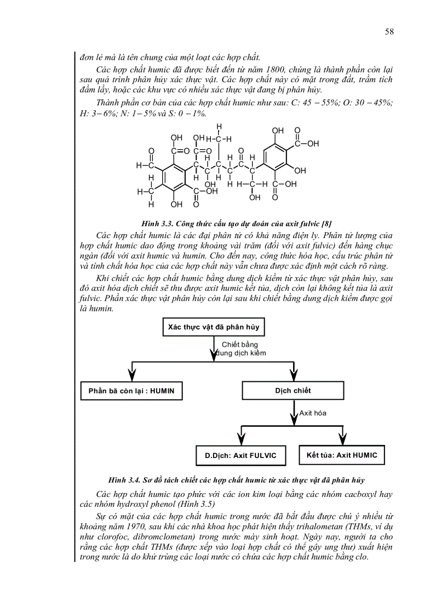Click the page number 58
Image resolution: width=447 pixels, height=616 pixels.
(389, 32)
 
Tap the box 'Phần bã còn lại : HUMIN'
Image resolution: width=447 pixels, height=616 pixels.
(131, 391)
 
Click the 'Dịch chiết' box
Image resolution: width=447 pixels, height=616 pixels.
(293, 391)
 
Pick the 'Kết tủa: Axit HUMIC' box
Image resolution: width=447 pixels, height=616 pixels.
(342, 455)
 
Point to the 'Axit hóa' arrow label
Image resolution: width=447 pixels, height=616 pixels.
(313, 413)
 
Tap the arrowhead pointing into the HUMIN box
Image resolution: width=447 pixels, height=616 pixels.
(131, 376)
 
